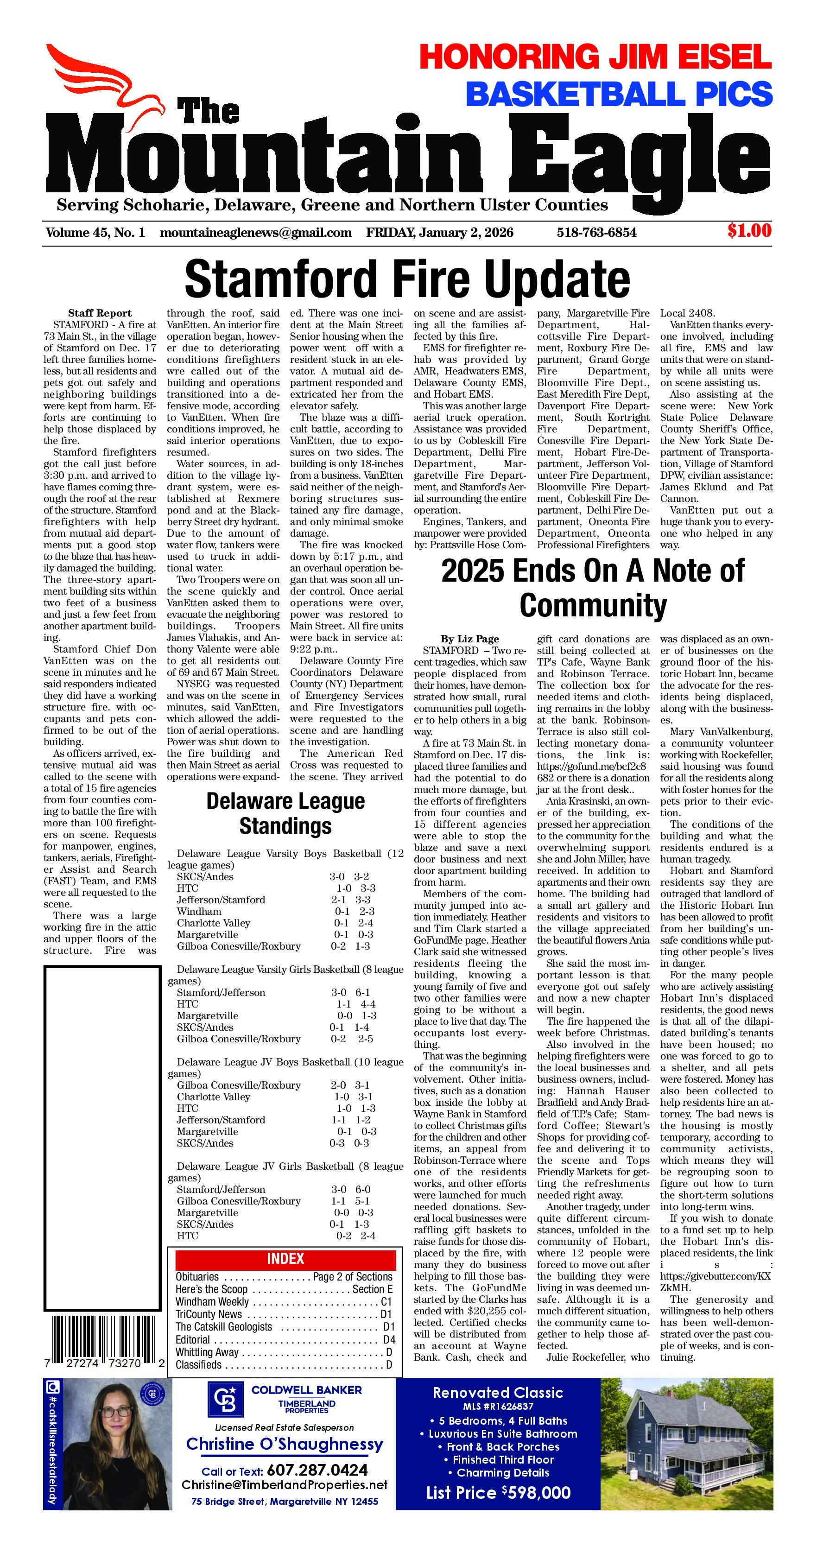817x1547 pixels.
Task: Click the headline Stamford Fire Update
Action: point(407,279)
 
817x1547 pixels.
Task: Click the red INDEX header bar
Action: point(285,1259)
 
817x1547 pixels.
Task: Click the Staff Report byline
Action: point(100,313)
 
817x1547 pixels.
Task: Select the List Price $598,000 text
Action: point(498,1492)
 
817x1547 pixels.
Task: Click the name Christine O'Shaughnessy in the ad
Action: point(285,1444)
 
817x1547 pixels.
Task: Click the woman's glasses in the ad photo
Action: point(116,1431)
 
